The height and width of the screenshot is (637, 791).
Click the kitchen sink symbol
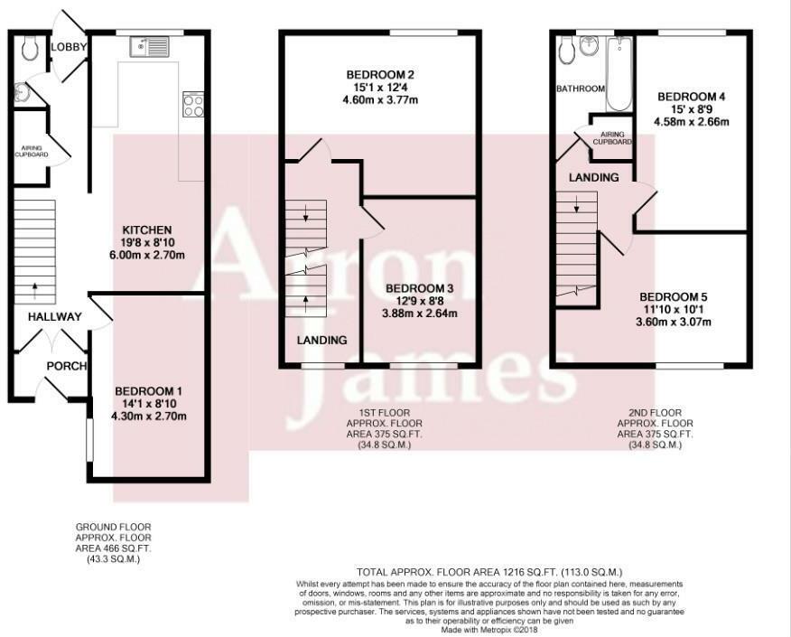coord(151,47)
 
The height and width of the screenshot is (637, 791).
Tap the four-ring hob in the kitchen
coord(193,105)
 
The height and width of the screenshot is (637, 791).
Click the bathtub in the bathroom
coord(619,74)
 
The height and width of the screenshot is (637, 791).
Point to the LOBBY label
coord(70,47)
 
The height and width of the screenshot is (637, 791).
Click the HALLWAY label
coord(54,317)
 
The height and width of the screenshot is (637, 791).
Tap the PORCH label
coord(67,366)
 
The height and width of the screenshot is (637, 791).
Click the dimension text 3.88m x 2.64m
coord(420,314)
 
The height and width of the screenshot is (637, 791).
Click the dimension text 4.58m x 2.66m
coord(691,122)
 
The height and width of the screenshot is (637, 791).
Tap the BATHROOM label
coord(581,89)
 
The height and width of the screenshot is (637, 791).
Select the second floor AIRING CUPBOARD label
coord(612,138)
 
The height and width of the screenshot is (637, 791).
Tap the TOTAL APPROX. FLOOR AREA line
coord(489,572)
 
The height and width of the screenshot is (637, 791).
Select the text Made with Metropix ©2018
coord(489,630)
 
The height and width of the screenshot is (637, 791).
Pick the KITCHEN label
coord(147,230)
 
